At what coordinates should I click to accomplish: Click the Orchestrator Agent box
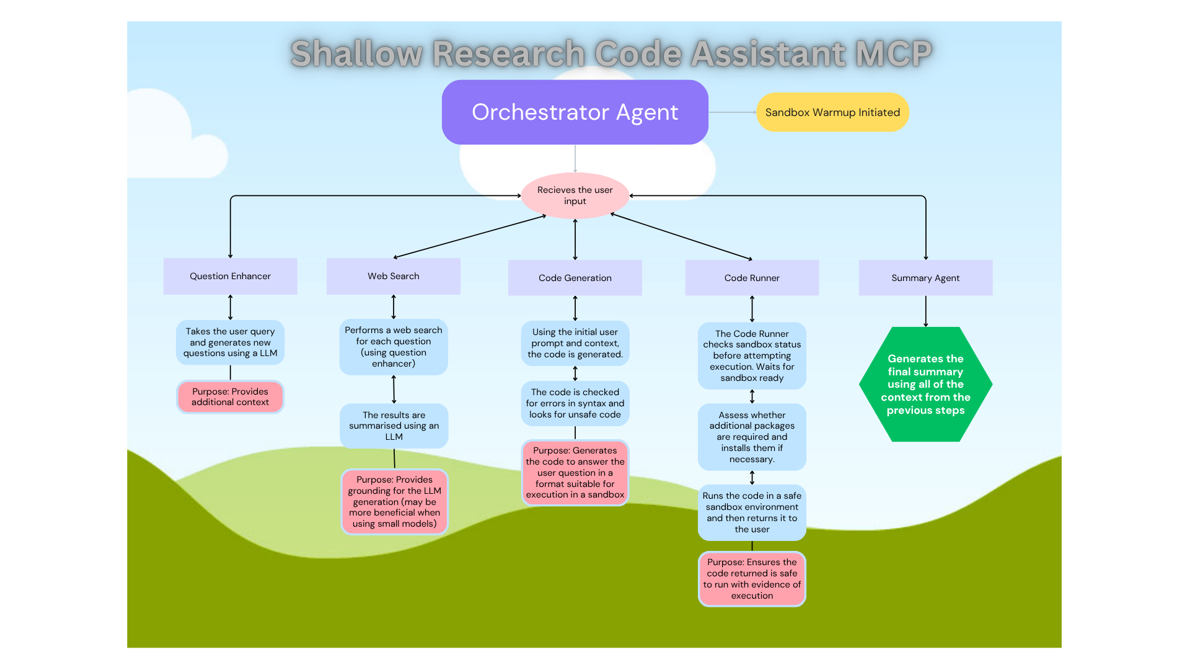pyautogui.click(x=575, y=112)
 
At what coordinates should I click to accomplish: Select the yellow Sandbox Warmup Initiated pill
pyautogui.click(x=832, y=112)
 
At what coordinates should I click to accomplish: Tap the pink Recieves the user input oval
pyautogui.click(x=575, y=195)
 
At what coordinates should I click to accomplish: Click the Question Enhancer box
pyautogui.click(x=230, y=276)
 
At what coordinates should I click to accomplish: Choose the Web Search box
pyautogui.click(x=393, y=276)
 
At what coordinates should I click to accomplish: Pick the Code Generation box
pyautogui.click(x=575, y=278)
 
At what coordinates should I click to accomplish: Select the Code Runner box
pyautogui.click(x=751, y=278)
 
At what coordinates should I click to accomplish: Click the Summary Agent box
pyautogui.click(x=925, y=278)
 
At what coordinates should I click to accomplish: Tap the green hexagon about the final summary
pyautogui.click(x=925, y=384)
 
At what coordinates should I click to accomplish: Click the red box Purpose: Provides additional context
pyautogui.click(x=230, y=397)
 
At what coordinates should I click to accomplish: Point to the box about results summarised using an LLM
pyautogui.click(x=394, y=426)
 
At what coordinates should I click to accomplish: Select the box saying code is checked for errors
pyautogui.click(x=575, y=403)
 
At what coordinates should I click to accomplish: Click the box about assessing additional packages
pyautogui.click(x=751, y=437)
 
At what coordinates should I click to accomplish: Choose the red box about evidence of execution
pyautogui.click(x=751, y=579)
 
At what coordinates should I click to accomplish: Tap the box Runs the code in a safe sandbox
pyautogui.click(x=751, y=512)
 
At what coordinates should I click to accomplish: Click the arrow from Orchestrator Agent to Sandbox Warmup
pyautogui.click(x=732, y=112)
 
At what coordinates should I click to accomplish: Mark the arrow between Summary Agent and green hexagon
pyautogui.click(x=925, y=311)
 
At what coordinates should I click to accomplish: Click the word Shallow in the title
pyautogui.click(x=356, y=53)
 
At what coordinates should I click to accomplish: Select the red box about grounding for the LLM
pyautogui.click(x=394, y=501)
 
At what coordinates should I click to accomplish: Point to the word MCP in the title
pyautogui.click(x=893, y=53)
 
